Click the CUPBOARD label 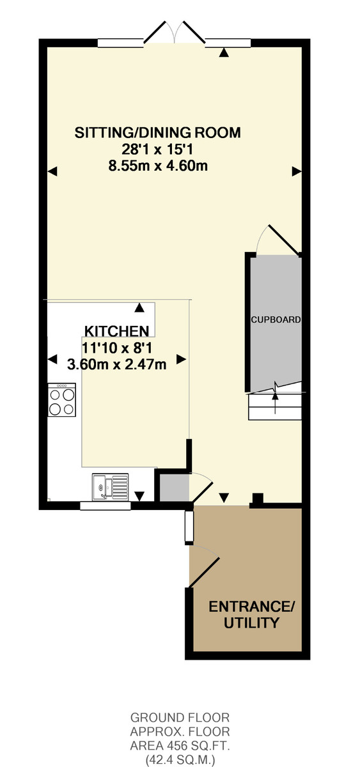tap(276, 320)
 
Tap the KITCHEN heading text tap(117, 331)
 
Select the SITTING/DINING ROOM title tap(157, 132)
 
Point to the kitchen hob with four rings tap(61, 400)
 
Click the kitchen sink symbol tap(110, 486)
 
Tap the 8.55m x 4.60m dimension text tap(158, 166)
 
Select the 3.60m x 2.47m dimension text tap(117, 365)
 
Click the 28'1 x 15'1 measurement tap(157, 150)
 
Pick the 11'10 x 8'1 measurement tap(117, 348)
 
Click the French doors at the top tap(175, 33)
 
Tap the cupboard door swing tap(279, 240)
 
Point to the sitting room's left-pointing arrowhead tap(52, 171)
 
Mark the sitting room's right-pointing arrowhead tap(297, 171)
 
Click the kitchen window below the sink tap(106, 506)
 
